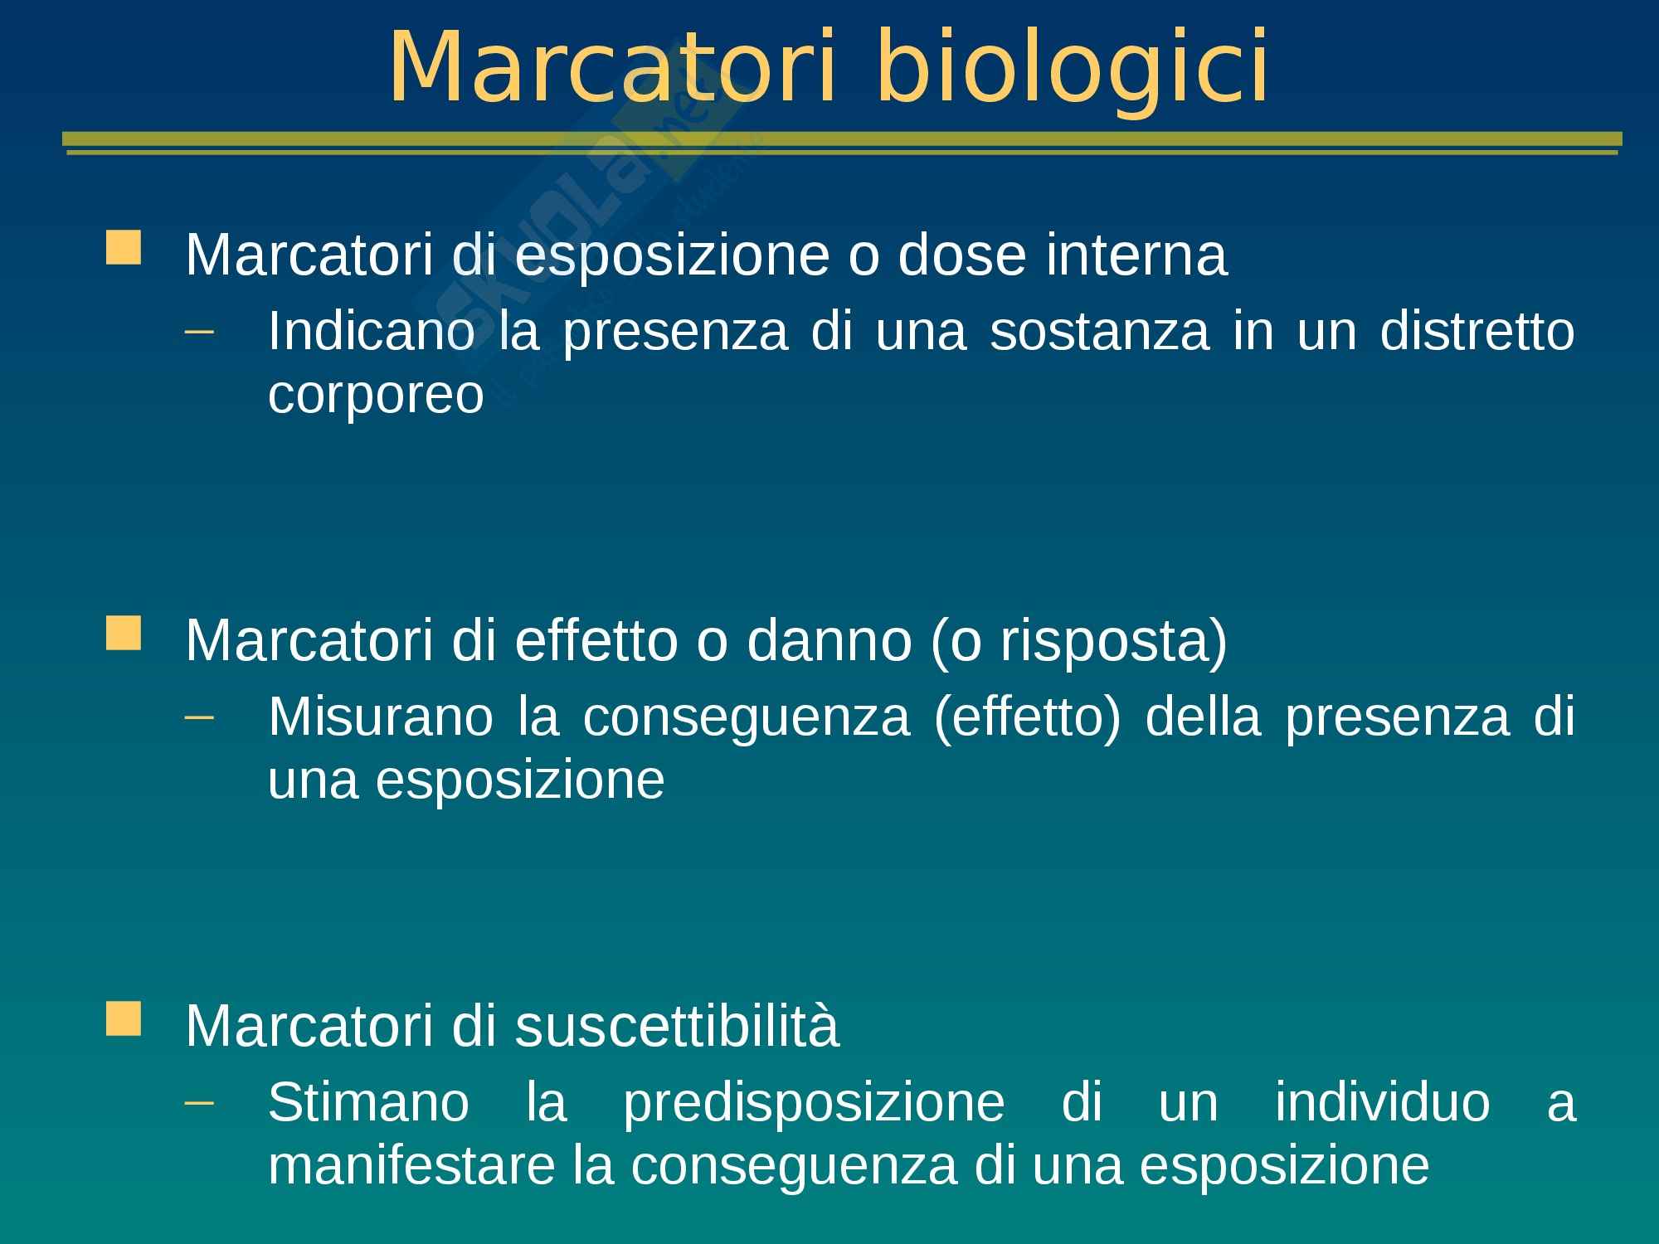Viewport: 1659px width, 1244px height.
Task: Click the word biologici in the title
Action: tap(1072, 68)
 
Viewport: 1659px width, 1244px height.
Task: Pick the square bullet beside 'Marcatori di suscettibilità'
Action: tap(124, 1018)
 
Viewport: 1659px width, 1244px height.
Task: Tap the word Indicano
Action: tap(372, 331)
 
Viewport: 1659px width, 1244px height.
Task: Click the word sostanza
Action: tap(1100, 331)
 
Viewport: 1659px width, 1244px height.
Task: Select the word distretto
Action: tap(1477, 331)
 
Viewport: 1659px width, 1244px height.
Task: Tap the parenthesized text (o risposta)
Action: tap(1078, 641)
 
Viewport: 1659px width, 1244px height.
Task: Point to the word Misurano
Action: tap(381, 717)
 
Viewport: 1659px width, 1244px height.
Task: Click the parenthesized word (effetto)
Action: tap(1027, 718)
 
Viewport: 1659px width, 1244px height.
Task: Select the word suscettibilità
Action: tap(677, 1025)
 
